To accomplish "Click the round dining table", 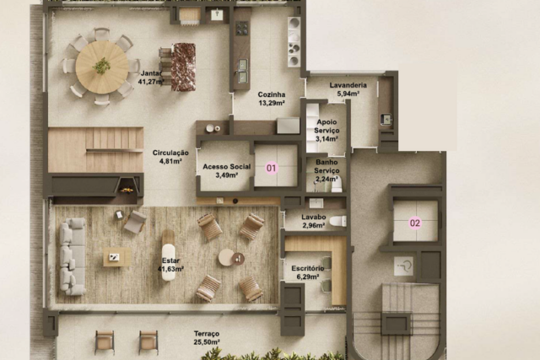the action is pos(102,67).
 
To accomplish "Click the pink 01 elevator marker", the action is pos(272,168).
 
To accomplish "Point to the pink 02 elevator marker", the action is pos(415,223).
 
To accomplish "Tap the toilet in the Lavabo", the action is pos(337,221).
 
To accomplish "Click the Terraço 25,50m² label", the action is pos(207,337).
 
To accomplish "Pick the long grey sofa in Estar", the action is pos(73,256).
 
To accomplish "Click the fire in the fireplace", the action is pos(126,190).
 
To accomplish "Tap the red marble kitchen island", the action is pos(183,67).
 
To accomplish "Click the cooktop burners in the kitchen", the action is pos(242,28).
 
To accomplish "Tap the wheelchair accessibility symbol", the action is pos(403,266).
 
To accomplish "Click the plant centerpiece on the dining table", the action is pos(101,66).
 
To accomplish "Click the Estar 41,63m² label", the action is pos(170,265).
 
